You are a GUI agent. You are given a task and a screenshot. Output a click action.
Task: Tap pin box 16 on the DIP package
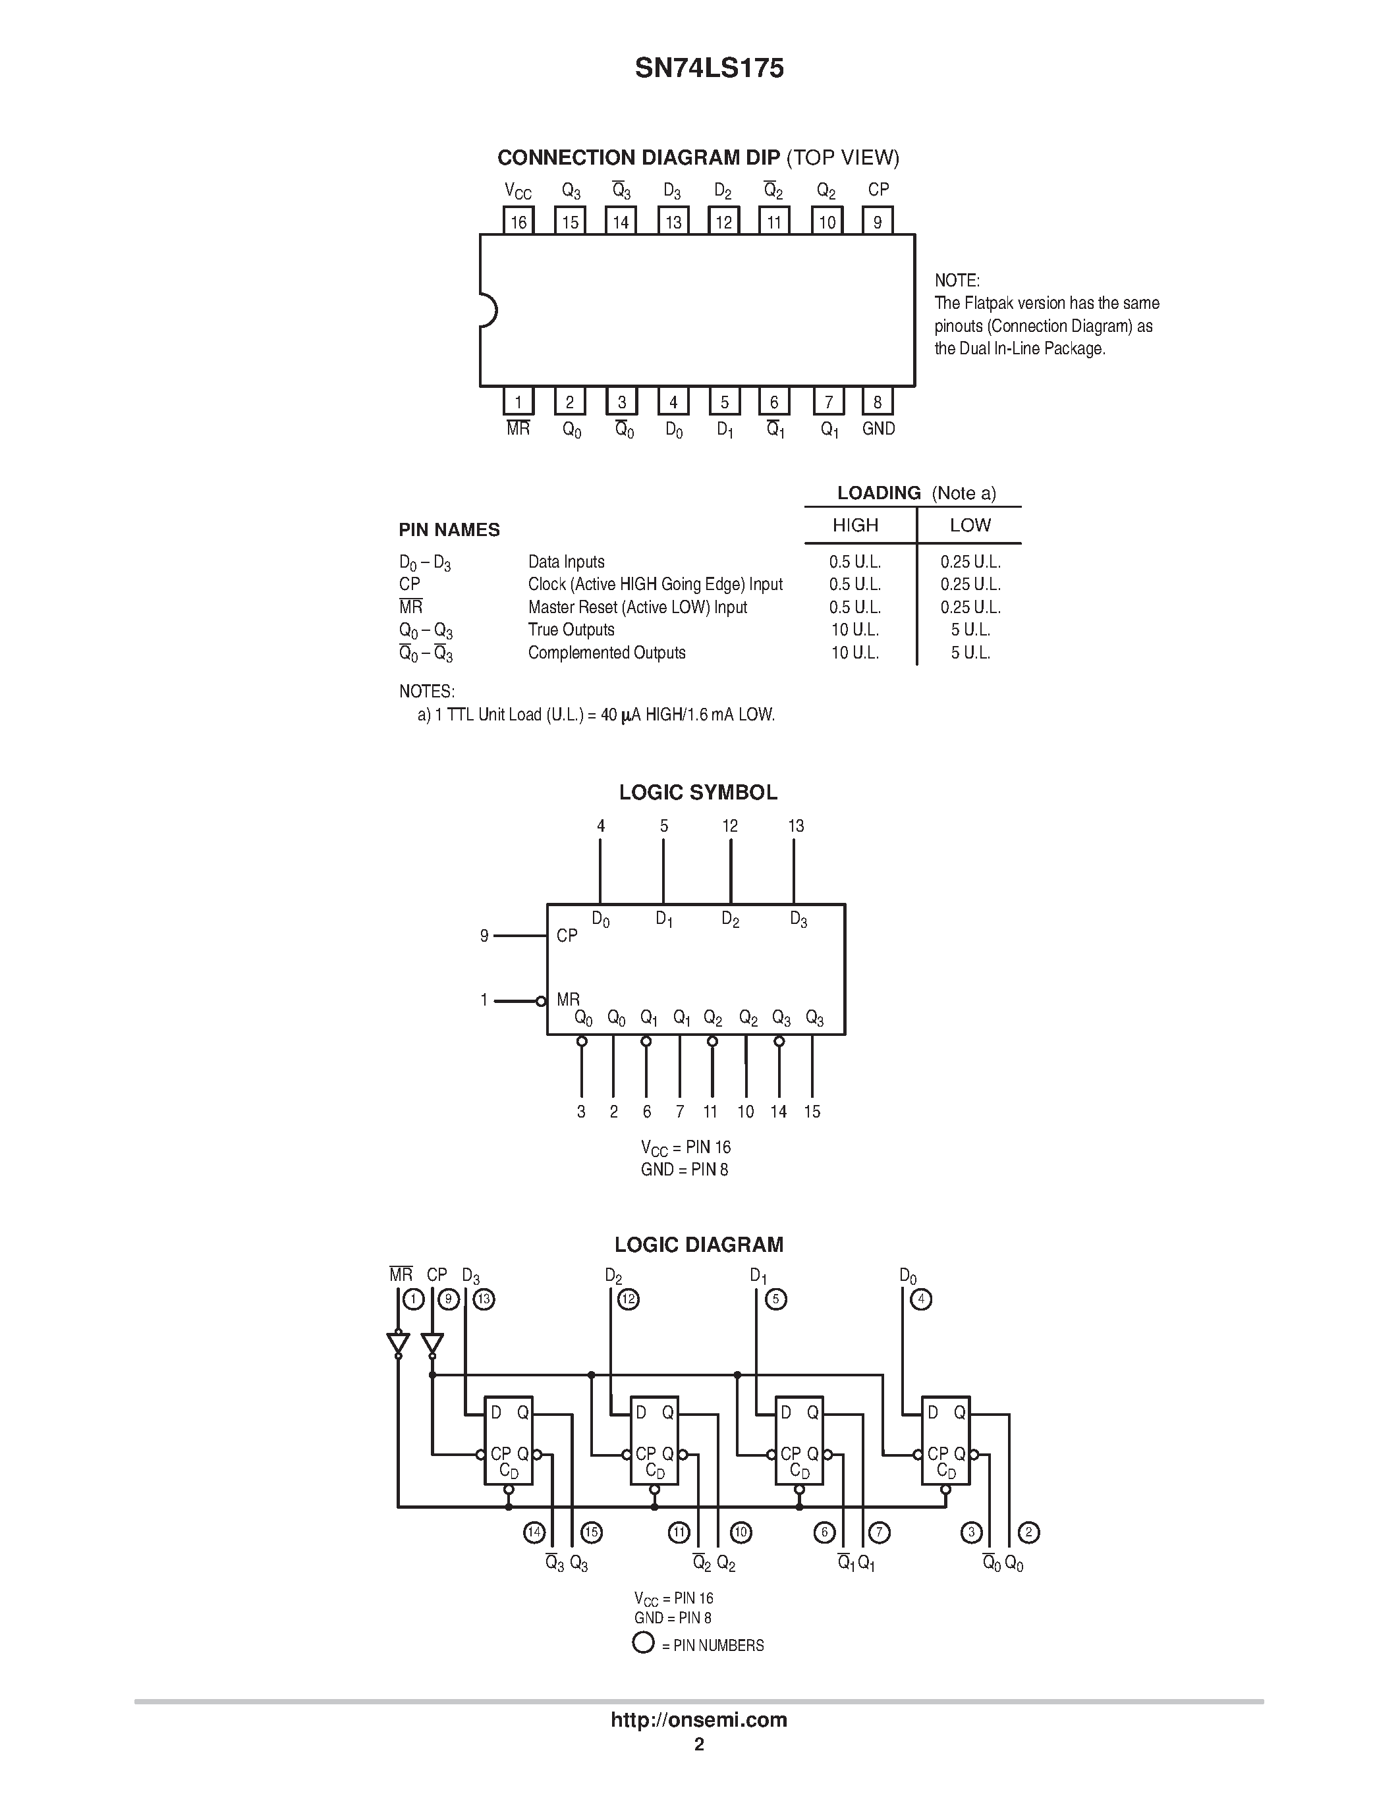coord(518,221)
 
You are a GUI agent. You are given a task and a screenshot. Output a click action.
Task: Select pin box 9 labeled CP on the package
coord(878,221)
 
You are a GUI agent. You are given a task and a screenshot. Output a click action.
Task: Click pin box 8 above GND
coord(878,402)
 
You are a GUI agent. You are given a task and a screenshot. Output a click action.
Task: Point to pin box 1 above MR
coord(518,402)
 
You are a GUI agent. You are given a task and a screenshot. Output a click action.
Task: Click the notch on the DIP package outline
coord(488,311)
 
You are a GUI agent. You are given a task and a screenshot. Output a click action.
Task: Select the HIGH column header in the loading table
coord(855,525)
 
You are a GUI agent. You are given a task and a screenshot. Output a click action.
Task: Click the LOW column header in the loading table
coord(970,525)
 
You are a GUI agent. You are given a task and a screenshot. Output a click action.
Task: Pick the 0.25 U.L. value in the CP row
coord(970,585)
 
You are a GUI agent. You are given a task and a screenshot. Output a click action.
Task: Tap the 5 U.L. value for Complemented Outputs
coord(970,653)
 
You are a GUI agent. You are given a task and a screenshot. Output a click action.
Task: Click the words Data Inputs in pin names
coord(567,562)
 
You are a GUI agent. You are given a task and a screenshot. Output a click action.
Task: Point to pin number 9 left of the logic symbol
coord(484,936)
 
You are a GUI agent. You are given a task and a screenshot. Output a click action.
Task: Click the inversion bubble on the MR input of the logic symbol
coord(541,1001)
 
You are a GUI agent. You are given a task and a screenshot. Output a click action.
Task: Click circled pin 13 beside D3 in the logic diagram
coord(484,1299)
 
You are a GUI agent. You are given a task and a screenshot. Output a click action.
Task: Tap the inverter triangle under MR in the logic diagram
coord(398,1341)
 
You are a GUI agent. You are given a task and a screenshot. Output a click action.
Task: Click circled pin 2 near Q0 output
coord(1028,1532)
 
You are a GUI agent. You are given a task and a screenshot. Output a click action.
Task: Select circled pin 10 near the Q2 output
coord(741,1533)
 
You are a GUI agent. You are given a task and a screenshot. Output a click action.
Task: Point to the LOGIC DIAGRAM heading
coord(698,1245)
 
